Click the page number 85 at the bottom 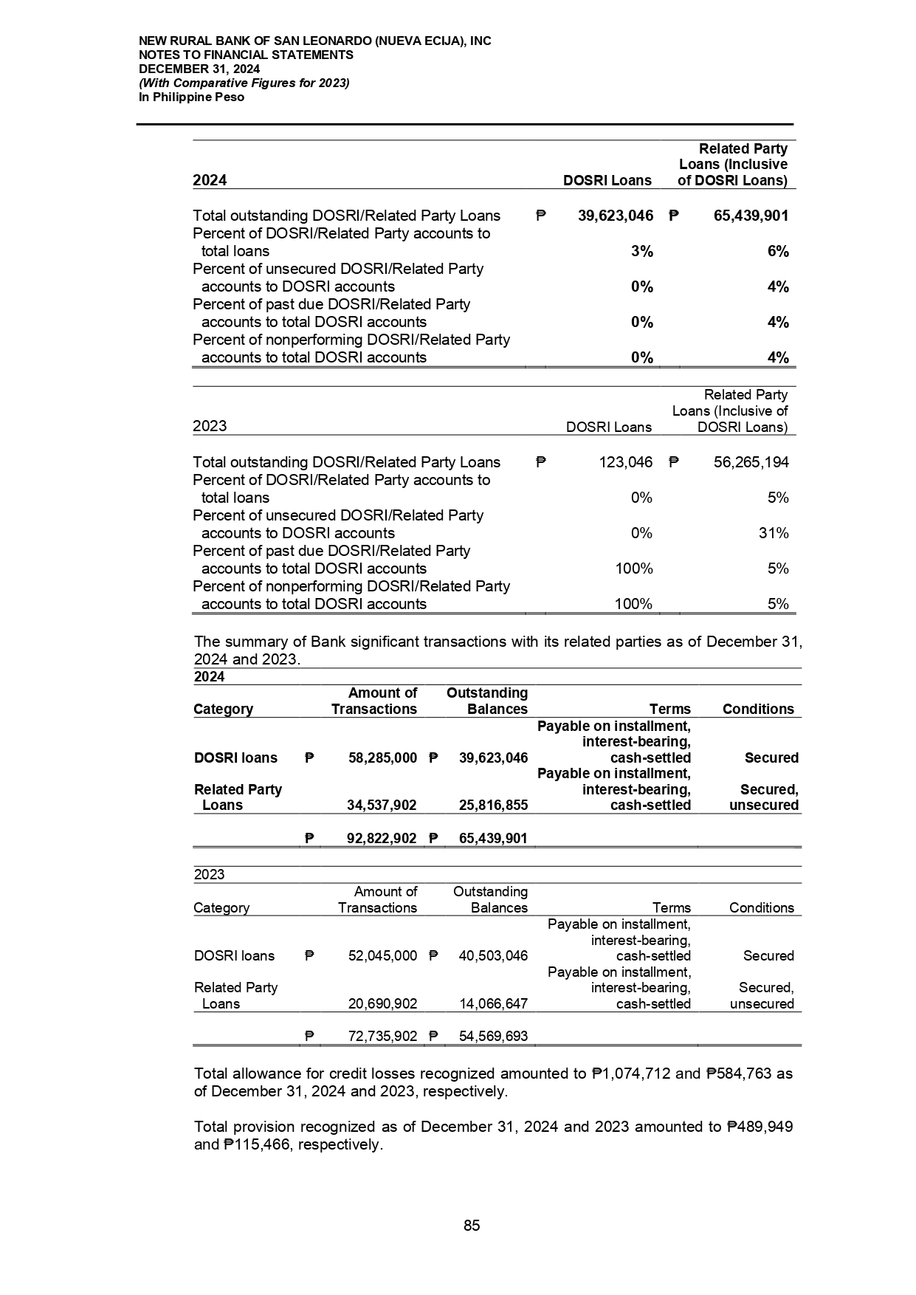tap(472, 1226)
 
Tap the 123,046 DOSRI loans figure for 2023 tap(624, 462)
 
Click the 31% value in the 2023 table tap(774, 533)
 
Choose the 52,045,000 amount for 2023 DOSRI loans tap(382, 955)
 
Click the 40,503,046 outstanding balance tap(493, 955)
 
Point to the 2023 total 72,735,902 tap(382, 1037)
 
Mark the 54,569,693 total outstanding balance tap(493, 1037)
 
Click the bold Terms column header tap(670, 709)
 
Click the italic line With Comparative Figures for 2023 tap(244, 83)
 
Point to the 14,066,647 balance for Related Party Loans tap(493, 1003)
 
